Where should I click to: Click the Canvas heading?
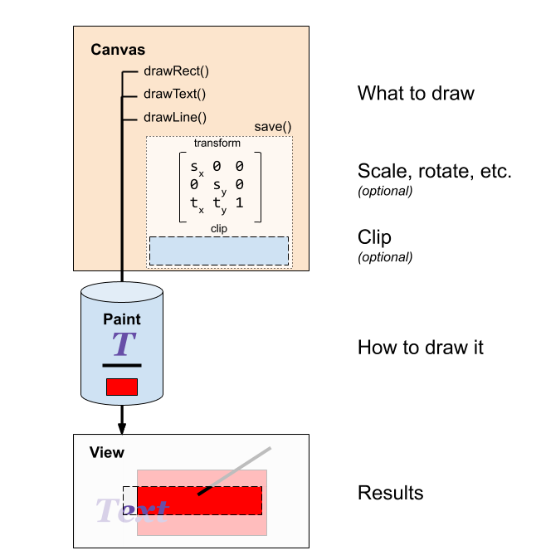(x=117, y=50)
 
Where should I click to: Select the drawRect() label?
(x=176, y=71)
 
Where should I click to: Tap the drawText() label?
(x=175, y=95)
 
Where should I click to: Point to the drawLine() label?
(x=175, y=118)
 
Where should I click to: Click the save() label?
(x=272, y=127)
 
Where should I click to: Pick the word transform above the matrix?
(x=217, y=143)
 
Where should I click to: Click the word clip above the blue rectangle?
(x=219, y=228)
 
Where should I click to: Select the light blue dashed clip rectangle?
(x=219, y=251)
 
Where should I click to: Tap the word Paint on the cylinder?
(x=122, y=319)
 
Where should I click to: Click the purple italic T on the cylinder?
(x=123, y=343)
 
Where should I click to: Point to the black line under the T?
(x=122, y=365)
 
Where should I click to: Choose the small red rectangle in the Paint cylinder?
(x=122, y=387)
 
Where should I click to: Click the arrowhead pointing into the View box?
(x=122, y=428)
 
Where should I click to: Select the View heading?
(x=106, y=453)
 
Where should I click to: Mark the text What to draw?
(x=416, y=93)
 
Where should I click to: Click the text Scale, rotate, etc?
(x=434, y=172)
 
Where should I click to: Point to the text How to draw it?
(x=420, y=347)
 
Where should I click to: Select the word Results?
(x=390, y=493)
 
